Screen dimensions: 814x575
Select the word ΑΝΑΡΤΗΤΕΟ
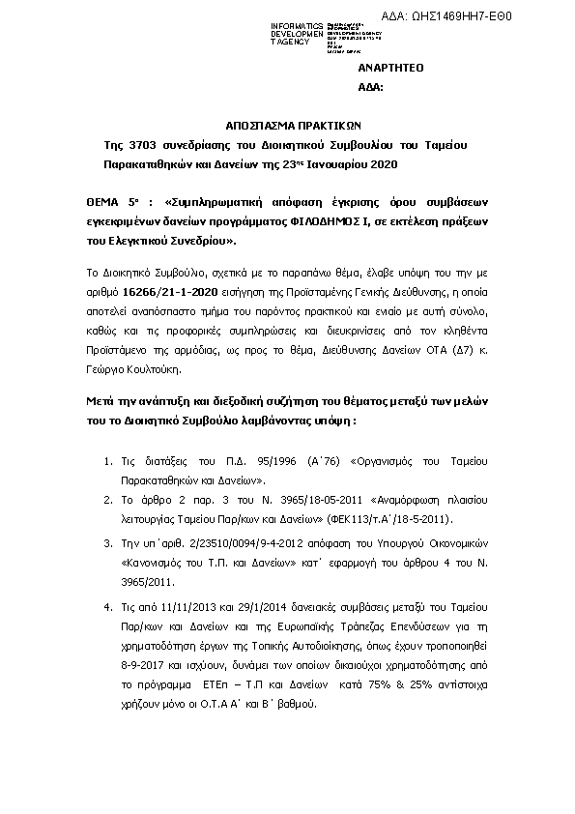[390, 69]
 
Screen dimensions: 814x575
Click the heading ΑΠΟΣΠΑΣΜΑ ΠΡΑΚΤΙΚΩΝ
[286, 126]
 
